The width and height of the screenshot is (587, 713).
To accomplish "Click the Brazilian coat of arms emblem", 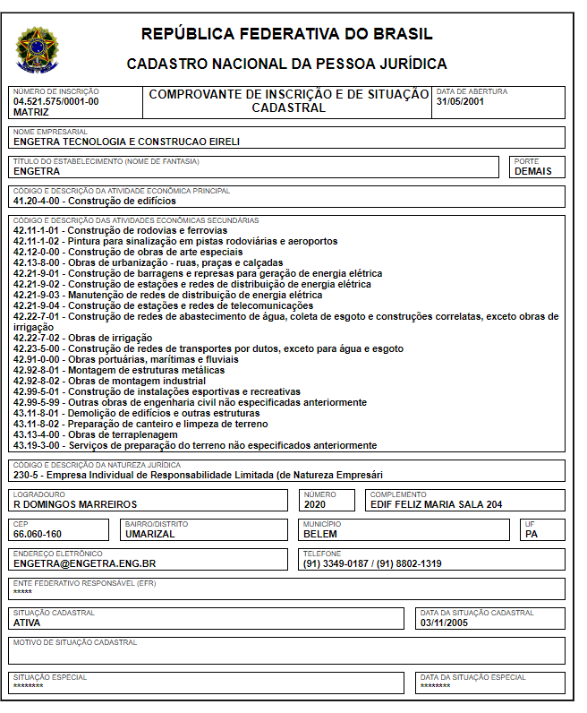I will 37,50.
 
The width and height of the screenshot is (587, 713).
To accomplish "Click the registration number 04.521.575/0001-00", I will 55,102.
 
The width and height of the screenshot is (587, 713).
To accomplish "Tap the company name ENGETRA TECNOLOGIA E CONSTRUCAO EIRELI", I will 126,142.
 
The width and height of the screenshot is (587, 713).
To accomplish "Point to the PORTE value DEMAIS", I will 533,171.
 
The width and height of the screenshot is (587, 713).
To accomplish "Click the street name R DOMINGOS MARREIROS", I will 75,504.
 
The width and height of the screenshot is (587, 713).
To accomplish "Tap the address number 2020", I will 319,504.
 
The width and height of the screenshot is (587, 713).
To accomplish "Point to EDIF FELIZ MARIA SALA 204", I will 437,504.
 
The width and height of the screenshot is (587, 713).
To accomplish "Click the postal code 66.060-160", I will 38,534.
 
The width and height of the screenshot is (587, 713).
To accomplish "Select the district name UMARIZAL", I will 150,534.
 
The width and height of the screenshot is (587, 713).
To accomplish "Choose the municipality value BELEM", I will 321,534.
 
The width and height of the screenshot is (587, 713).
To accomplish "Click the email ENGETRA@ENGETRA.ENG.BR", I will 85,564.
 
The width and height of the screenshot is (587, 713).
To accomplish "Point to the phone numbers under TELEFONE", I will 372,564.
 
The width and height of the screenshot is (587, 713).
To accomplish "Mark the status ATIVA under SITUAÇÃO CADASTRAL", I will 27,623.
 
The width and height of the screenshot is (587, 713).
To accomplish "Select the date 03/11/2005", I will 445,623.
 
